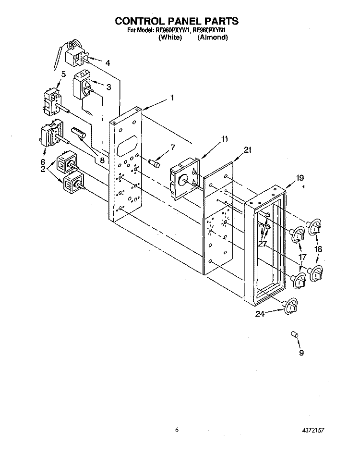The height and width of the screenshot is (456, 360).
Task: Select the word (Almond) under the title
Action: [213, 37]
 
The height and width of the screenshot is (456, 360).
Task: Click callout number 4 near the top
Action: [108, 63]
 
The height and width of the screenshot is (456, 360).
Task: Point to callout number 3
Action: [108, 87]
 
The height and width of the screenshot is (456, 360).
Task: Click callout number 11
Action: [225, 139]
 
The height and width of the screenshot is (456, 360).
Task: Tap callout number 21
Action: [248, 150]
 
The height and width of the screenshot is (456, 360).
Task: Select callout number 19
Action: [300, 178]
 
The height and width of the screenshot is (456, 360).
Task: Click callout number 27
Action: [263, 244]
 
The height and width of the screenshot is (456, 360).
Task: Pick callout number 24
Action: [260, 314]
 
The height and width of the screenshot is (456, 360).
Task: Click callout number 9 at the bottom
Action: [301, 353]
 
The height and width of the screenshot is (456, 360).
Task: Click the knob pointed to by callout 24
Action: [290, 306]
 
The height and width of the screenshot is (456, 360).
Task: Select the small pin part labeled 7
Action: [155, 163]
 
